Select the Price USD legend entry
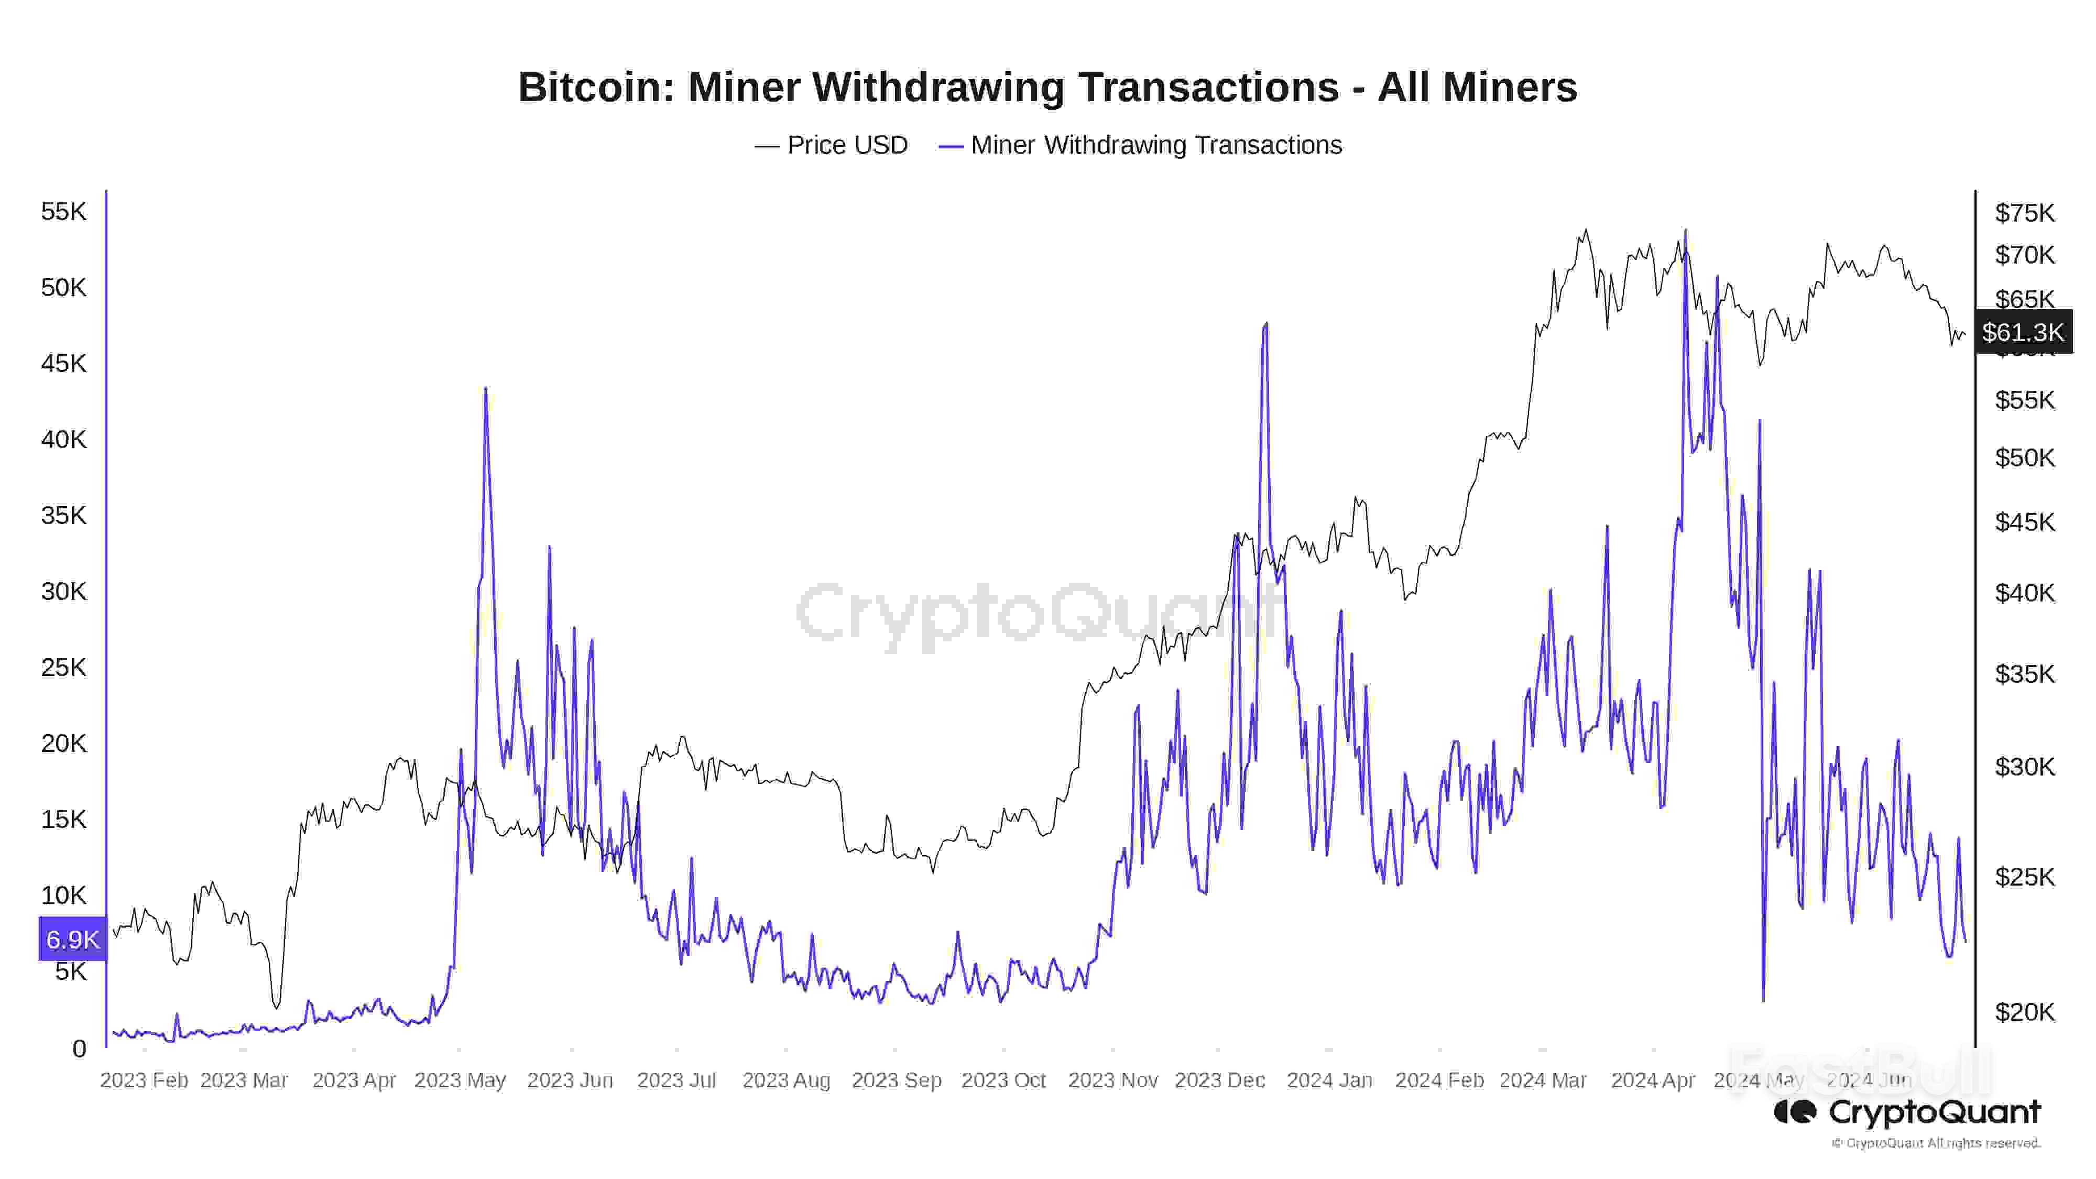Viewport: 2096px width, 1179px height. click(x=832, y=145)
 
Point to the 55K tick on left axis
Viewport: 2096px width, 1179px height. click(x=63, y=212)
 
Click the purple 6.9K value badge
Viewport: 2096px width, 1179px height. click(x=72, y=939)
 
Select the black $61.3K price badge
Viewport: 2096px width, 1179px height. click(x=2022, y=332)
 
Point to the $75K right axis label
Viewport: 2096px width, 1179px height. click(x=2024, y=213)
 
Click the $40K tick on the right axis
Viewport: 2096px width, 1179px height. click(x=2024, y=592)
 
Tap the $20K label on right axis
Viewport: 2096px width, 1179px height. click(x=2024, y=1011)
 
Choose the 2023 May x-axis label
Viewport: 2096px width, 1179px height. click(x=460, y=1080)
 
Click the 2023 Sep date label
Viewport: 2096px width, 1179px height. click(x=896, y=1080)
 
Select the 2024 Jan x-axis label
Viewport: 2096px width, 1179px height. click(x=1329, y=1080)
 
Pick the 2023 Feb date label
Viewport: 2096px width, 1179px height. click(x=144, y=1080)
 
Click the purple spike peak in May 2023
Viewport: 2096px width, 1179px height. click(x=486, y=389)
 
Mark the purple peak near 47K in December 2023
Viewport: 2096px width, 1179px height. click(x=1265, y=324)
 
